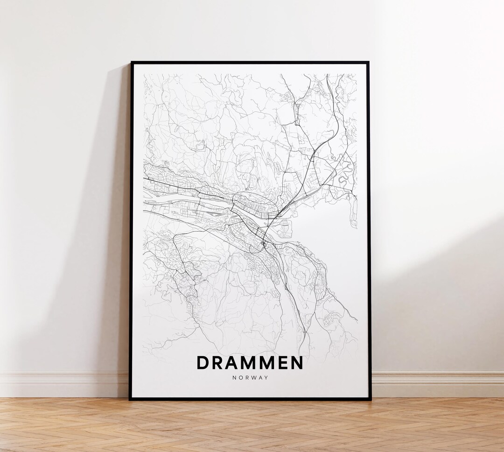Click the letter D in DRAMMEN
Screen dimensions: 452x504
click(x=203, y=363)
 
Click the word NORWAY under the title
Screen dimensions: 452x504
click(x=250, y=378)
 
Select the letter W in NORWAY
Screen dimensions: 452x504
click(x=253, y=378)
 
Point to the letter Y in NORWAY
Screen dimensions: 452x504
click(x=266, y=378)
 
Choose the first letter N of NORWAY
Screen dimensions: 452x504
click(x=234, y=378)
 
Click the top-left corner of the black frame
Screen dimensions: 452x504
click(x=132, y=63)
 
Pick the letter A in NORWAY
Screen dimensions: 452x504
click(x=260, y=378)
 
